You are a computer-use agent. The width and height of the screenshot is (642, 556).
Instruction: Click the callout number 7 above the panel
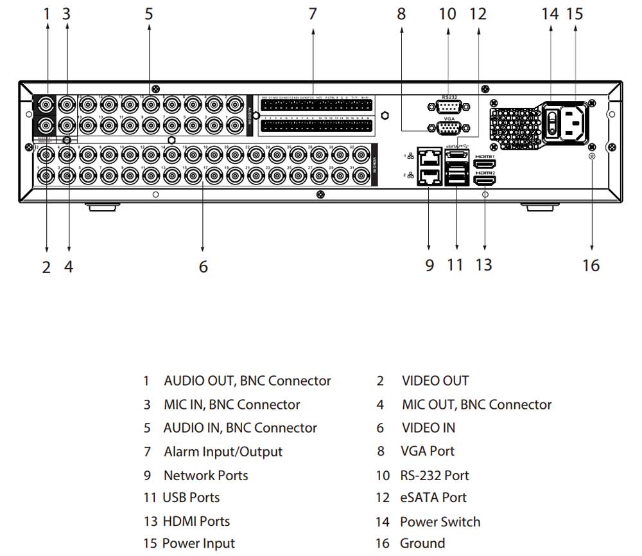[x=313, y=13]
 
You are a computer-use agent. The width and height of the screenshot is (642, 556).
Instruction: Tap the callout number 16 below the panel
[x=591, y=265]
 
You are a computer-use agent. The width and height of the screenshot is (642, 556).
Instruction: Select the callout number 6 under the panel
[x=203, y=266]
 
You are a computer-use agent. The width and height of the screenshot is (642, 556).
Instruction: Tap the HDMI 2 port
[x=484, y=181]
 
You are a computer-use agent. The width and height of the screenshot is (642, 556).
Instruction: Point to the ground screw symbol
[x=591, y=155]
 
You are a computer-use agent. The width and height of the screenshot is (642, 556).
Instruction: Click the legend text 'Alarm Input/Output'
[x=223, y=452]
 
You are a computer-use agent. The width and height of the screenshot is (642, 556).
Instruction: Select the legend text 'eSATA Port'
[x=434, y=498]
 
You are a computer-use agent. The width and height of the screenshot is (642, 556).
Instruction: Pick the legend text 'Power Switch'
[x=440, y=522]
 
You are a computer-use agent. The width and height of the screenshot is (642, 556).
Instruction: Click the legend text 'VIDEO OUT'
[x=435, y=381]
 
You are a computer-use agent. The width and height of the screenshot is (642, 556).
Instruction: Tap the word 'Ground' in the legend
[x=422, y=543]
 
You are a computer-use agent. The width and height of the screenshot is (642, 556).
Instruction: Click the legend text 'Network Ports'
[x=205, y=476]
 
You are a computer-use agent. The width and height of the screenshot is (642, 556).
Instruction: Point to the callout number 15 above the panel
[x=575, y=13]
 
